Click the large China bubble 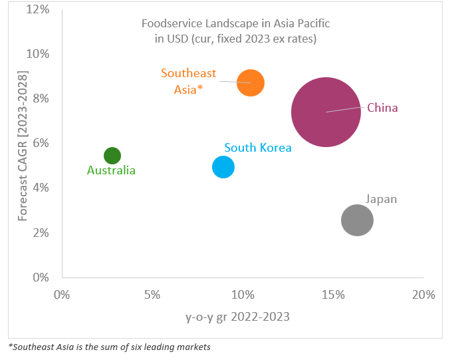click(326, 112)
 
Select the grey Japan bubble click(357, 220)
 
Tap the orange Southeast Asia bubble click(251, 83)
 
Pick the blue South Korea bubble click(223, 167)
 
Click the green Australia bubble click(112, 156)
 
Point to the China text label click(382, 108)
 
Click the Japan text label click(381, 199)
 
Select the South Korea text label click(257, 148)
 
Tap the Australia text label click(111, 170)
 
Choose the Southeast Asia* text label click(188, 81)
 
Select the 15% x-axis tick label click(332, 294)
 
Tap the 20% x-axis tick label click(423, 294)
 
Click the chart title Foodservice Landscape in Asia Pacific click(235, 24)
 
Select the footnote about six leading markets click(110, 347)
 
